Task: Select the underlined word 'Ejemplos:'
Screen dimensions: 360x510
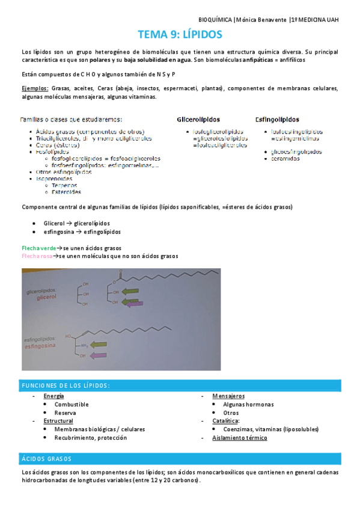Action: pos(35,88)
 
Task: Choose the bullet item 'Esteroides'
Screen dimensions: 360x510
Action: pos(67,192)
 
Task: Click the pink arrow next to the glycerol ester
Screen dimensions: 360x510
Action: pos(132,304)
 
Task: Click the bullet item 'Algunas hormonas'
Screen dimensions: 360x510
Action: pos(248,405)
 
